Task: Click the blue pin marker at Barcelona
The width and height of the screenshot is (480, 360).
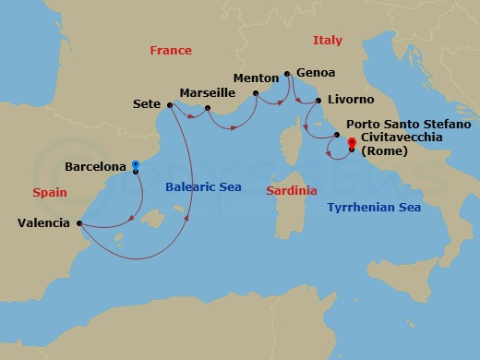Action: click(x=136, y=166)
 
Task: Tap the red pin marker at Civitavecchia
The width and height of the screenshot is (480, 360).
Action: click(x=351, y=143)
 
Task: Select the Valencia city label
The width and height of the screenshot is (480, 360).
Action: click(x=44, y=222)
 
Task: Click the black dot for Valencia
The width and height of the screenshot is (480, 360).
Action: click(x=79, y=222)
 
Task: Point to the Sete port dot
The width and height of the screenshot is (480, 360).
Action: click(x=170, y=105)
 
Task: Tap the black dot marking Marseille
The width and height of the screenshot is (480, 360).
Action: click(x=208, y=109)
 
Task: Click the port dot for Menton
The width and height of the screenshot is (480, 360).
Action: click(x=255, y=92)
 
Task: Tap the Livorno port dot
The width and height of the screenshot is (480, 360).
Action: click(x=318, y=101)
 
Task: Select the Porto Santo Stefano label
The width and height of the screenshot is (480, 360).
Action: click(x=408, y=124)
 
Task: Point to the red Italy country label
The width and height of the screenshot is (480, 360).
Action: click(x=327, y=41)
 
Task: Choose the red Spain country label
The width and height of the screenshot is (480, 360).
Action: click(x=50, y=193)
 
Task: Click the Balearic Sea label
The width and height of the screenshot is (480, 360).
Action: click(x=203, y=187)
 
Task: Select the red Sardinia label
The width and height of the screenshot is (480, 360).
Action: click(x=291, y=190)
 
